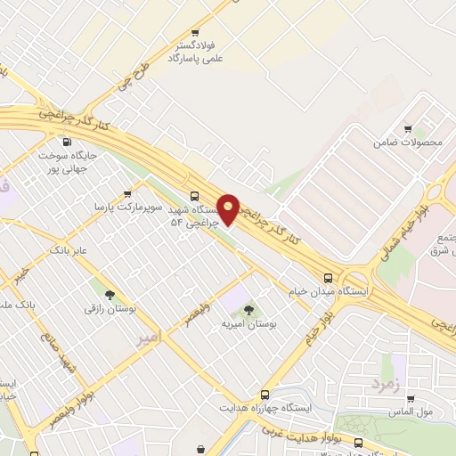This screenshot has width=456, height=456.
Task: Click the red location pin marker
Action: [229, 208]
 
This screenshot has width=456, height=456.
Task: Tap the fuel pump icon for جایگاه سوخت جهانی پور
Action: [67, 142]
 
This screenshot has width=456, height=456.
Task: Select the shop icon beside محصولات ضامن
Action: [409, 129]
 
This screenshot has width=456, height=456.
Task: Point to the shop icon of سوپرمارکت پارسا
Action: [128, 192]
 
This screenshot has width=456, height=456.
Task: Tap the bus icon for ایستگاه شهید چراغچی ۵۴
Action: [195, 196]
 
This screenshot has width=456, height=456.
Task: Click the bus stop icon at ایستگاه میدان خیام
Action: [329, 278]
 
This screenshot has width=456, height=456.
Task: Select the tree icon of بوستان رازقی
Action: [109, 295]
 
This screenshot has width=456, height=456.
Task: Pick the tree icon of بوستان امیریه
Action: [249, 310]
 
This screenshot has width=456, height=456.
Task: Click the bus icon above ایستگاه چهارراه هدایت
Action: [265, 395]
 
